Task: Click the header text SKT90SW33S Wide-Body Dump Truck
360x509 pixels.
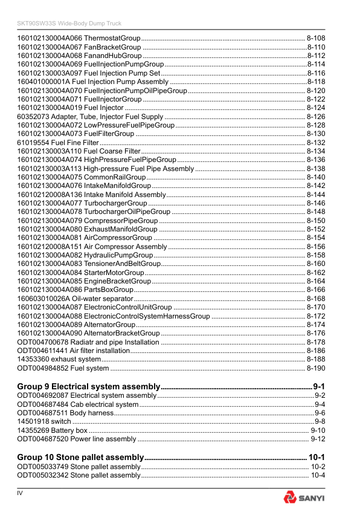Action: click(69, 24)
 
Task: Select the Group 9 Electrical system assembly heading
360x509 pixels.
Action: click(88, 386)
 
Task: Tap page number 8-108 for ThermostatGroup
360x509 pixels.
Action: click(316, 37)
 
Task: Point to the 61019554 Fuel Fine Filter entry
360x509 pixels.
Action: click(54, 143)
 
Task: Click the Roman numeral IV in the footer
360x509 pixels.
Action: click(20, 495)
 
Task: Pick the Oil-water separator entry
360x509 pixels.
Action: click(75, 299)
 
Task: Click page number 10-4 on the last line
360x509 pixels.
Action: click(318, 476)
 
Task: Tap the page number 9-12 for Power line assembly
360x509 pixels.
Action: click(318, 439)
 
